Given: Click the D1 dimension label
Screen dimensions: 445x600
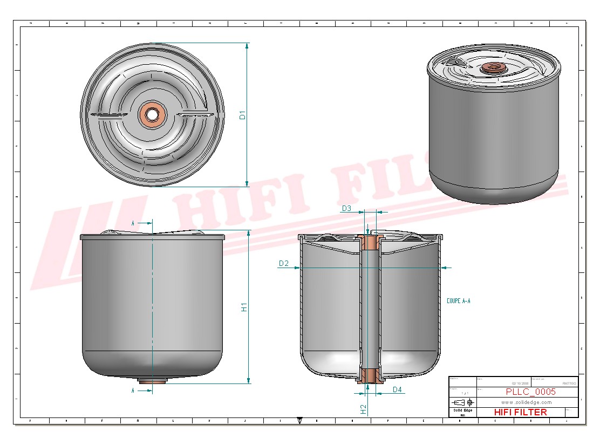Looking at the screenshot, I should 243,115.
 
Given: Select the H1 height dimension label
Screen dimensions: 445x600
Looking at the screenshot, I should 244,307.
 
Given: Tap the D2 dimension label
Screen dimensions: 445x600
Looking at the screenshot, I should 284,263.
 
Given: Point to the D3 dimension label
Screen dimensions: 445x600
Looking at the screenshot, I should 346,208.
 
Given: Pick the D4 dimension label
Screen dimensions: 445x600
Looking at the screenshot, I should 397,389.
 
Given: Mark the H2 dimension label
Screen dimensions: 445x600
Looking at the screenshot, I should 363,409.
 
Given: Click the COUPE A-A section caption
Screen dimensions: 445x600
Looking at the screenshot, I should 459,301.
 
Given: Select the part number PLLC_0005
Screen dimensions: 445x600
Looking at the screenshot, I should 530,392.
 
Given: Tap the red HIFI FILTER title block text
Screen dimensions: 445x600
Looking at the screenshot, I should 520,412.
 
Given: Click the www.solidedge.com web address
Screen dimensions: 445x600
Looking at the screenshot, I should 526,402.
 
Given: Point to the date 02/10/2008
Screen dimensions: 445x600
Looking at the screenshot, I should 520,383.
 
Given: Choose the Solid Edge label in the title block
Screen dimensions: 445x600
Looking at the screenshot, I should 460,410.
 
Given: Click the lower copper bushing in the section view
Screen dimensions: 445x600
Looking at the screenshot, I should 370,375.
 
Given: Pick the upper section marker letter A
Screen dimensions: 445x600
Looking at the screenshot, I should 133,222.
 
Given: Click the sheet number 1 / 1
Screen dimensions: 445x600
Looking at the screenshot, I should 462,393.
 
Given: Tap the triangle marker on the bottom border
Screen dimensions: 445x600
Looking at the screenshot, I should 300,419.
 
